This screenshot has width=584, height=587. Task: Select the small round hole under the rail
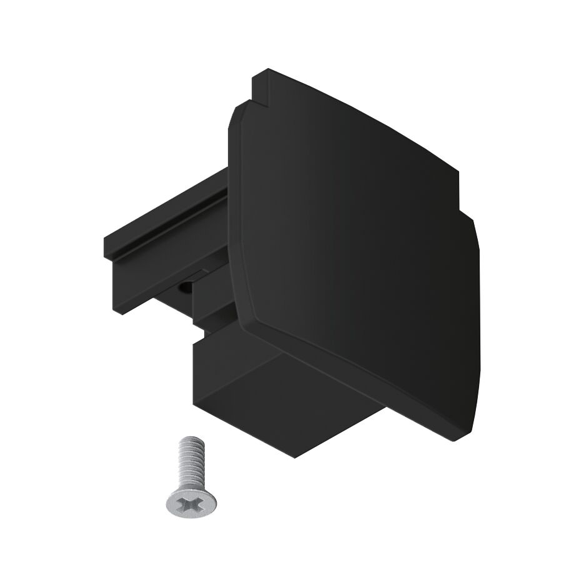(185, 288)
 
